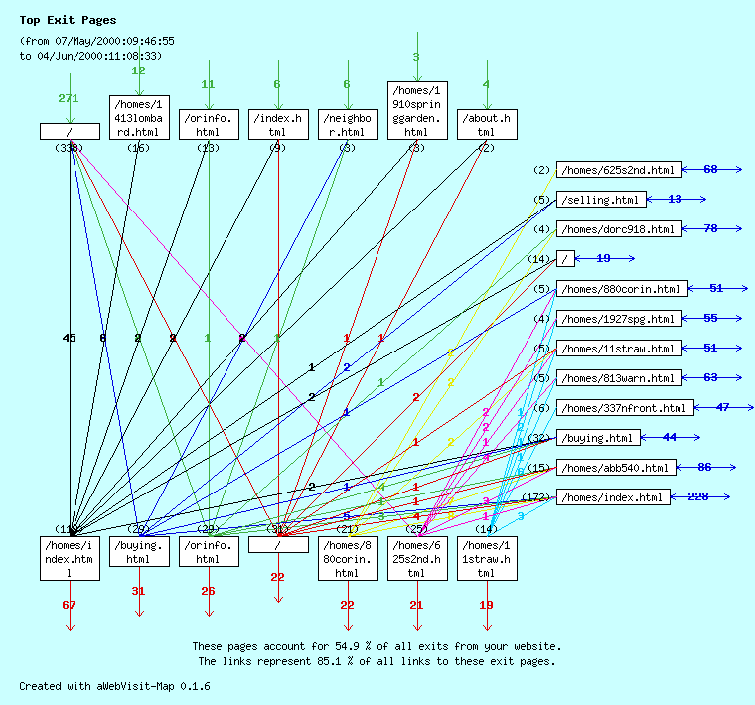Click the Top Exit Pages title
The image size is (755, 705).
[x=68, y=20]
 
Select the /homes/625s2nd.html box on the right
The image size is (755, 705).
[x=620, y=170]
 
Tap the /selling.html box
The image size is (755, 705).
[x=601, y=200]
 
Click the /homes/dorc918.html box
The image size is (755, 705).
[x=618, y=229]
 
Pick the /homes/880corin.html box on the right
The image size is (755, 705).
[x=621, y=289]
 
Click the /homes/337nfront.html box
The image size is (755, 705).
[x=625, y=408]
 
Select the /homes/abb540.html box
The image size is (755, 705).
[x=616, y=468]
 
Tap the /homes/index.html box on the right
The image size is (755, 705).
[x=611, y=497]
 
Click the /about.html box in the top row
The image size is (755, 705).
[x=486, y=124]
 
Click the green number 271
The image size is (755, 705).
[x=69, y=99]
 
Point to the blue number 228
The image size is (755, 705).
[x=698, y=497]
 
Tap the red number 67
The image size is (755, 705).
[x=69, y=605]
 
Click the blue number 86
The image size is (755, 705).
[x=704, y=468]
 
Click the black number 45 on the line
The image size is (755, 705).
[x=69, y=338]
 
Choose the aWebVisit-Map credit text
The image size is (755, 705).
[x=114, y=686]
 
